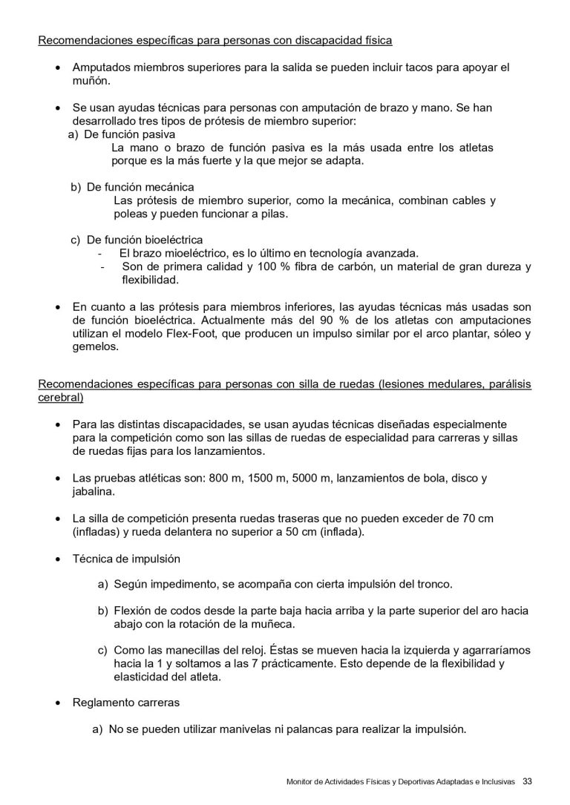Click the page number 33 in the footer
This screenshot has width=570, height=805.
tap(528, 781)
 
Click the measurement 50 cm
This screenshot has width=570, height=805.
tap(301, 532)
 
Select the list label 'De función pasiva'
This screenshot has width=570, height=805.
tap(130, 135)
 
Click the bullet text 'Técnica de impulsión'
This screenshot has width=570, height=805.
tap(126, 558)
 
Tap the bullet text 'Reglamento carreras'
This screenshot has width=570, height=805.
tap(125, 702)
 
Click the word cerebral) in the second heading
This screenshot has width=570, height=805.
tap(60, 398)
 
